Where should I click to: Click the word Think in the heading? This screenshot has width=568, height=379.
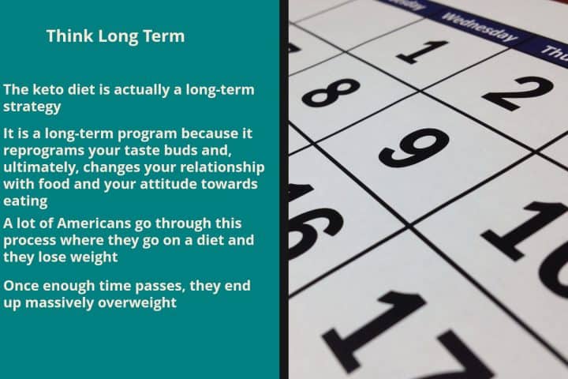coord(69,36)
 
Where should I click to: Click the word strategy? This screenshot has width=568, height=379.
coord(32,107)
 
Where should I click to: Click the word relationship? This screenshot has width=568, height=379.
coord(222,167)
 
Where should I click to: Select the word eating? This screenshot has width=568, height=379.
coord(25,201)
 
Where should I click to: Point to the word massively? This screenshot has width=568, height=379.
coord(60,302)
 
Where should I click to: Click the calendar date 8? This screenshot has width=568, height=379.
coord(331,92)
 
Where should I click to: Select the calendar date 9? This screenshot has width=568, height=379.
coord(413,148)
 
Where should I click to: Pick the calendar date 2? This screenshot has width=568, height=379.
coord(518,93)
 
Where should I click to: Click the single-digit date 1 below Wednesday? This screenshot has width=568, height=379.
coord(422,52)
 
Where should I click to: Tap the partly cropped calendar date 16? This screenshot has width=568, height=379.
coord(315,222)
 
